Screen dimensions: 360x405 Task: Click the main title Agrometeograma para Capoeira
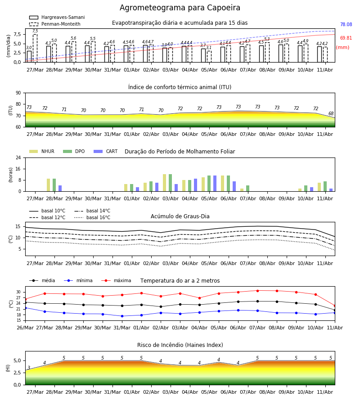(180, 8)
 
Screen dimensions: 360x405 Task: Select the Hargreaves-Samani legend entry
(57, 17)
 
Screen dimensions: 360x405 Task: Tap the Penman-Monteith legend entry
(55, 24)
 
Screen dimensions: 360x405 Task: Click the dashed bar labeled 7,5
(35, 48)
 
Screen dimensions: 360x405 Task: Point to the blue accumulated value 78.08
(346, 25)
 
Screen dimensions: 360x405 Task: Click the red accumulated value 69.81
(346, 38)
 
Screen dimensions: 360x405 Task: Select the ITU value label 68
(331, 114)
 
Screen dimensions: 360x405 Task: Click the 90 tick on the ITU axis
(18, 93)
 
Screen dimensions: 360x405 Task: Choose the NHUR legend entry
(41, 151)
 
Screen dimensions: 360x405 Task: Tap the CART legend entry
(106, 151)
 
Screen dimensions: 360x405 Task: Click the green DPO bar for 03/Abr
(171, 183)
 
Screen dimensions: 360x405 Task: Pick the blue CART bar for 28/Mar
(60, 189)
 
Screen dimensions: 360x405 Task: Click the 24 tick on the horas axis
(18, 157)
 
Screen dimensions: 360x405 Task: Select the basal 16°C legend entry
(92, 217)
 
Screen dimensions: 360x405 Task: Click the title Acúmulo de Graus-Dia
(180, 216)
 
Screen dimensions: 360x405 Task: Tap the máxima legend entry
(116, 280)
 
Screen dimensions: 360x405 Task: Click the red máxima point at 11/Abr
(335, 306)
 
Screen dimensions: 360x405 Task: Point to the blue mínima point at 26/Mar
(25, 308)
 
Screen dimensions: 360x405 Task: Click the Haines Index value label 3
(29, 368)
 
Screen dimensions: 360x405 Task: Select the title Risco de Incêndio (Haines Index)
(180, 345)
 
